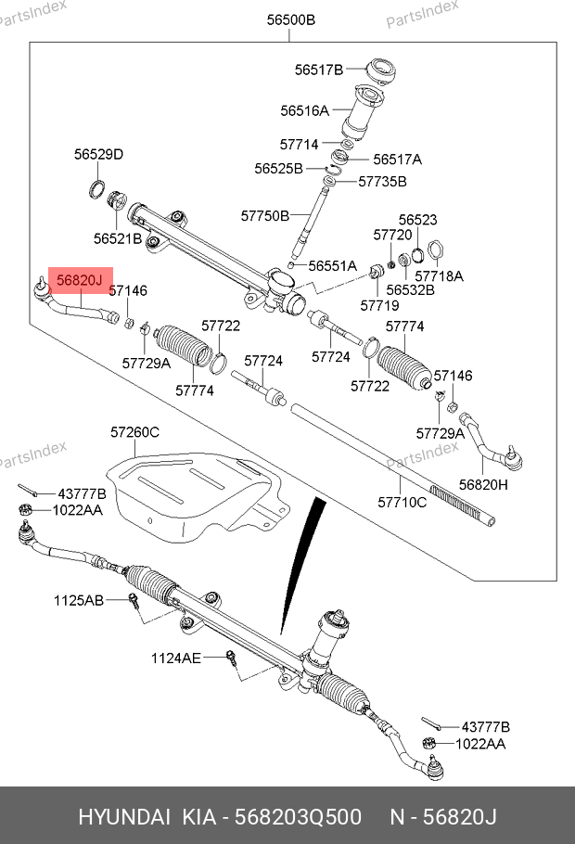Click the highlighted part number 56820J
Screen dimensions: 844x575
click(x=81, y=279)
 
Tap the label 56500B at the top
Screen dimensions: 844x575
click(x=290, y=19)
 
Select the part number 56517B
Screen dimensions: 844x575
click(x=319, y=70)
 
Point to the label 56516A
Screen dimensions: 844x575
click(x=304, y=110)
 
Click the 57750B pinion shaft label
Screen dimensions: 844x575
click(x=265, y=215)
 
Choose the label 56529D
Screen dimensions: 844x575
click(x=98, y=155)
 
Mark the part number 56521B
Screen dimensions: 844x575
click(x=117, y=238)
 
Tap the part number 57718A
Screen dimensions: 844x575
click(x=439, y=275)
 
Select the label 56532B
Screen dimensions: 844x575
click(x=410, y=289)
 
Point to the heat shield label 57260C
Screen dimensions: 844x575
click(x=135, y=432)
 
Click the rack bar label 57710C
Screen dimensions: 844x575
click(x=402, y=503)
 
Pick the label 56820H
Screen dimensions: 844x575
click(x=483, y=484)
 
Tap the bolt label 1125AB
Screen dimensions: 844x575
click(x=78, y=600)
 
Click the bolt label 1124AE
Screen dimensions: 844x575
click(x=176, y=658)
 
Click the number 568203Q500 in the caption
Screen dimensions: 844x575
click(x=303, y=817)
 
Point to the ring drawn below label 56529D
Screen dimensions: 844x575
click(x=96, y=192)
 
